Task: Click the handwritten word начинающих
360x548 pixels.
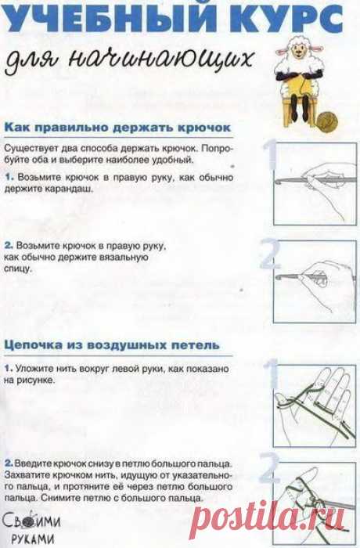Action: pos(160,59)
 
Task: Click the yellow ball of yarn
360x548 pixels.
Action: pos(328,121)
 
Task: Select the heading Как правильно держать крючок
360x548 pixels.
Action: pos(117,127)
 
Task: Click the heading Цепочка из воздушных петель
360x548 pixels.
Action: pos(112,345)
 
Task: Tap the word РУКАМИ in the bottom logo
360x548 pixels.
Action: pos(33,539)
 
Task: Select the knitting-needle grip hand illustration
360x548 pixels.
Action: pos(315,282)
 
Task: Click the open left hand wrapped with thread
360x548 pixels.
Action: pos(315,406)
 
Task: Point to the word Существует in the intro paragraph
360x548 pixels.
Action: pos(29,149)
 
